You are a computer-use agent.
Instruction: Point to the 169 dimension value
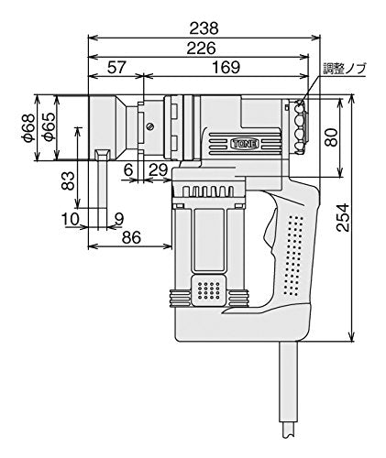pos(223,68)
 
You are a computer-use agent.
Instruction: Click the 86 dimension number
pos(132,237)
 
